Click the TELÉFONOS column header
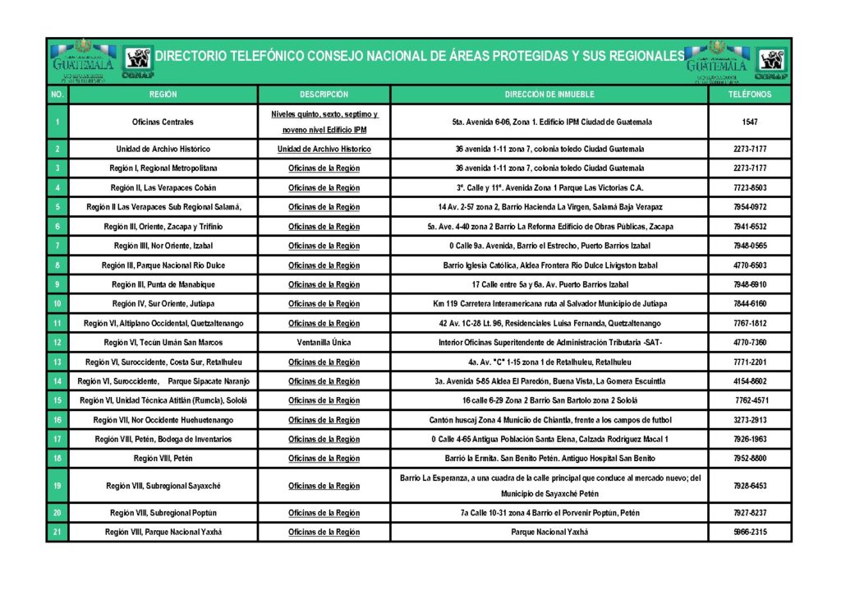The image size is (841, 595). [749, 95]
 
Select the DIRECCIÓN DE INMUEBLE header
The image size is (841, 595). [549, 95]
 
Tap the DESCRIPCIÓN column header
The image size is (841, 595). [324, 95]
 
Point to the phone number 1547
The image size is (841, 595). [749, 122]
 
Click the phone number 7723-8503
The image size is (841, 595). [749, 187]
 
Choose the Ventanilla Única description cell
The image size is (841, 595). [324, 343]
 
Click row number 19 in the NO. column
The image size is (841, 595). [57, 486]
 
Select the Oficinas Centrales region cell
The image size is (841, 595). [163, 122]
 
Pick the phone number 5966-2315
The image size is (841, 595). [749, 532]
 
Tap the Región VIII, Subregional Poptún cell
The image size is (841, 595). [163, 513]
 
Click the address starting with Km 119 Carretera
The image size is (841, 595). [549, 304]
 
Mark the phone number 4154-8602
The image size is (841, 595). [749, 381]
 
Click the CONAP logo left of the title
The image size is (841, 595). [137, 62]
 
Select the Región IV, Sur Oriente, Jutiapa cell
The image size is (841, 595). [163, 304]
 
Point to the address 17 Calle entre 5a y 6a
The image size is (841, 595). [549, 284]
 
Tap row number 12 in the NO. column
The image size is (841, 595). [57, 343]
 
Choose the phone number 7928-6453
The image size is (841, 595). [749, 486]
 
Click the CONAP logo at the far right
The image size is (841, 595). [771, 62]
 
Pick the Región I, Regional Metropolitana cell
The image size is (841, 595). [163, 168]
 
